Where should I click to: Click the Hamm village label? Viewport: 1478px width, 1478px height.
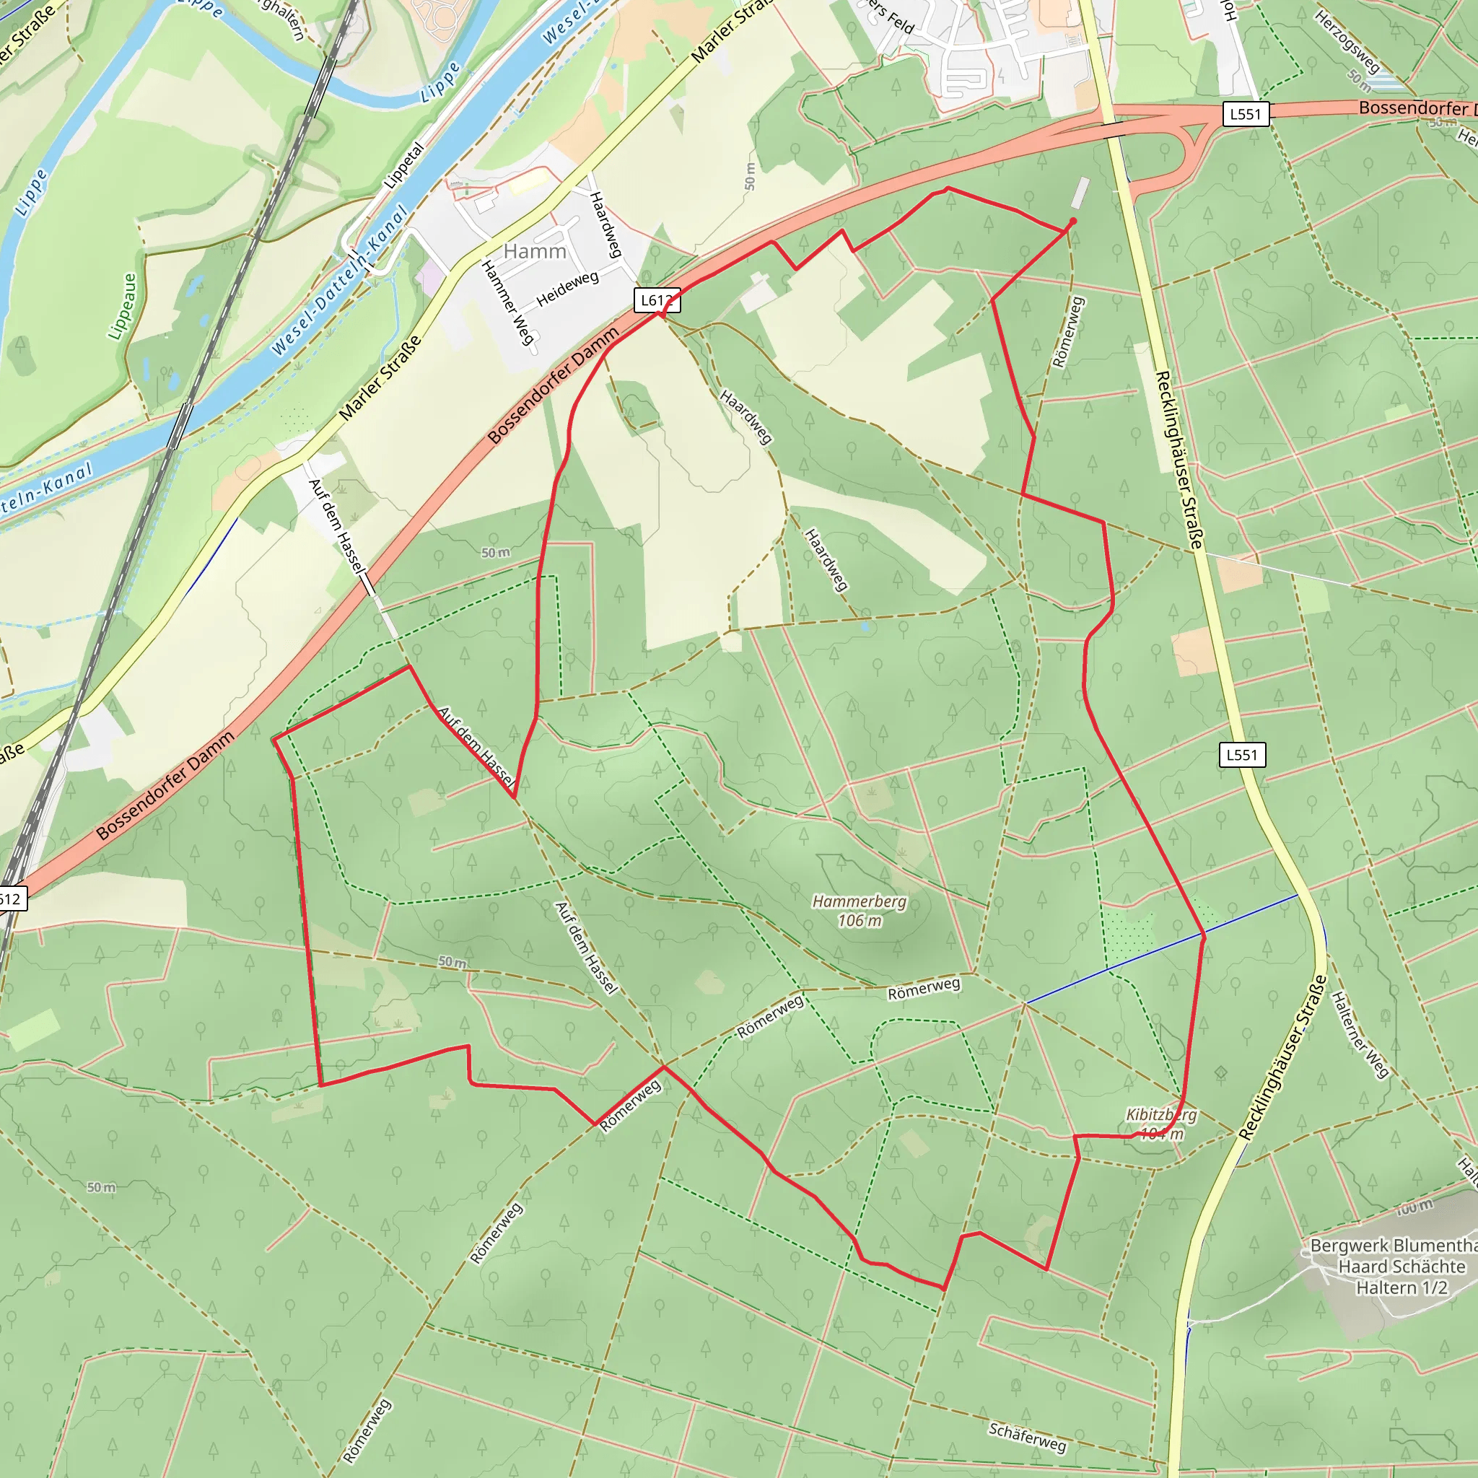[x=535, y=251]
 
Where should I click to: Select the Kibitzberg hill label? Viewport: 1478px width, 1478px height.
[x=1160, y=1124]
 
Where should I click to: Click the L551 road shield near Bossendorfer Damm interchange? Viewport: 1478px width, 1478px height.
[x=1246, y=114]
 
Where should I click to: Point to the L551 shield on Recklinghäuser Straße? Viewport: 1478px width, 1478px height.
[x=1241, y=754]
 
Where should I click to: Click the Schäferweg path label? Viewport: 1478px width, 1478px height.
[x=1027, y=1438]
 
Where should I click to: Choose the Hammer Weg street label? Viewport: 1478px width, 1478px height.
[x=507, y=302]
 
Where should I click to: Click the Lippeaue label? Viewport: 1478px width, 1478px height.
[x=123, y=307]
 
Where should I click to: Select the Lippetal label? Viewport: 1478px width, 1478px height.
[x=403, y=166]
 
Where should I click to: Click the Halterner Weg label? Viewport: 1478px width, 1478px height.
[x=1360, y=1035]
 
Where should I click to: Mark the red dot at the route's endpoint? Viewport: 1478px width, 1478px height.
[x=1072, y=221]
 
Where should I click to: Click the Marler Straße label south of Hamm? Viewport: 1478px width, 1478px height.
[x=380, y=378]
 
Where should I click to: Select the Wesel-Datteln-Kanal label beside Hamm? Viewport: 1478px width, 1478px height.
[x=341, y=281]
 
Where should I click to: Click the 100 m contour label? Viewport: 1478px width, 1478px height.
[x=1414, y=1208]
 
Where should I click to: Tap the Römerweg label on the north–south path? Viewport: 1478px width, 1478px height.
[x=1068, y=332]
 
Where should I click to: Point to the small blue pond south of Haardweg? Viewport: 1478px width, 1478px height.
[x=865, y=626]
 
